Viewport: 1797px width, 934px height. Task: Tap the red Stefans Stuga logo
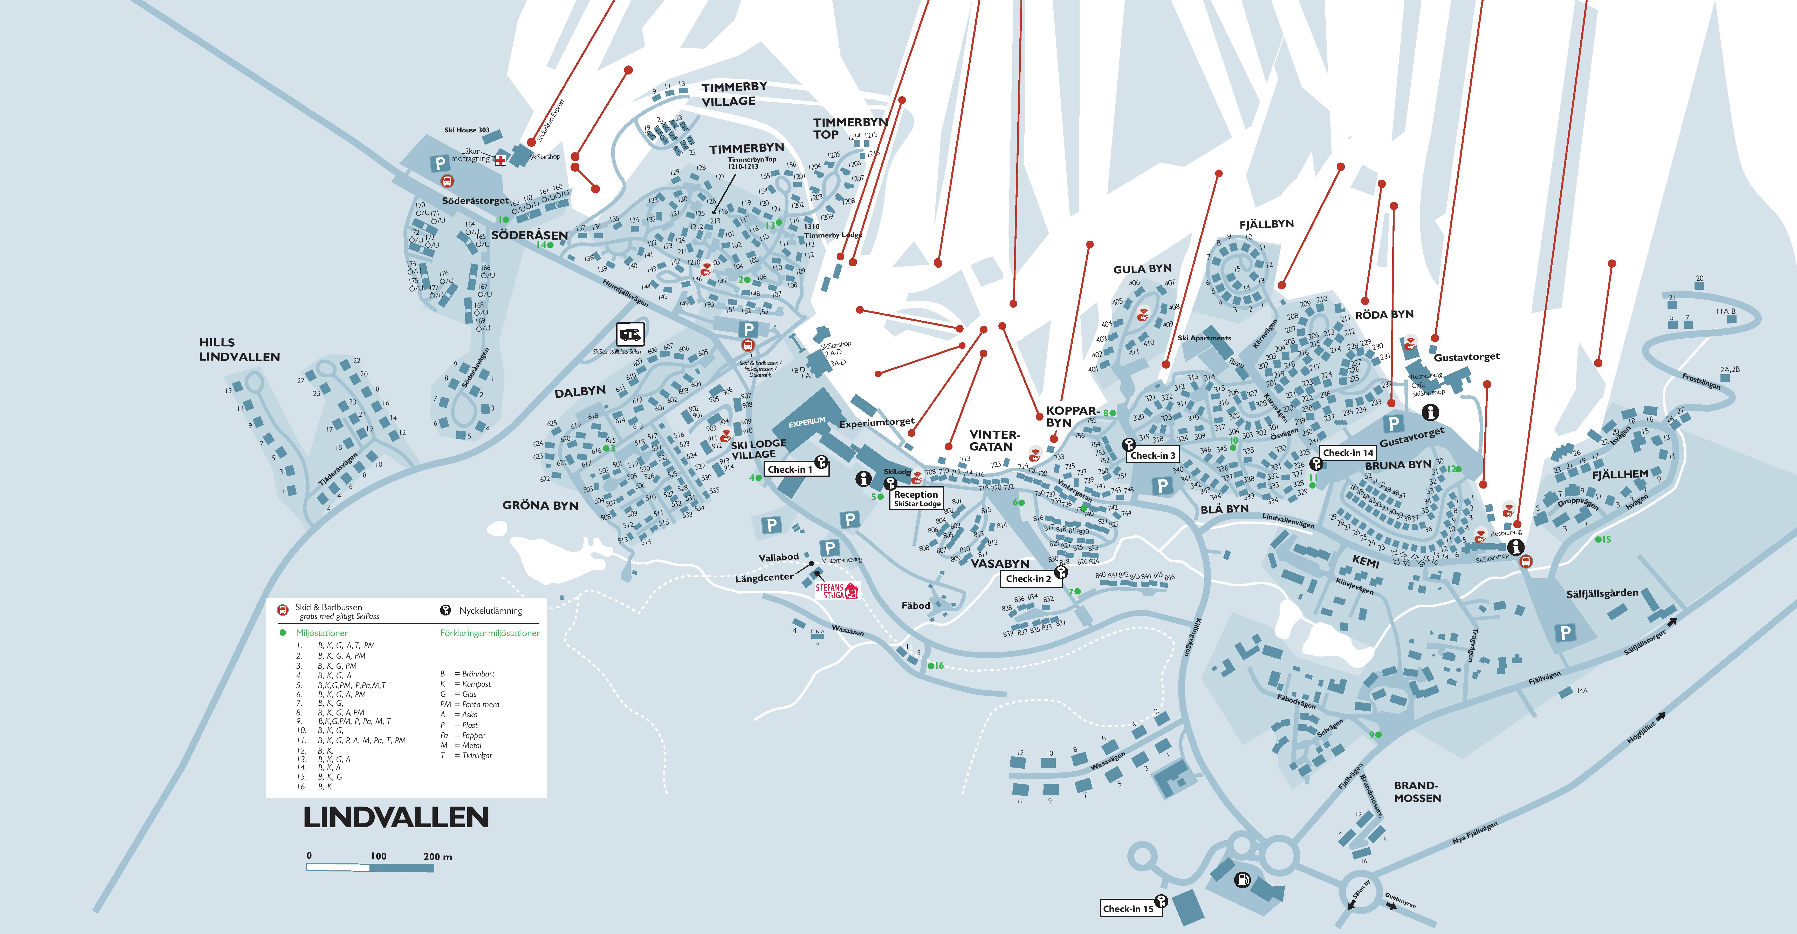click(836, 591)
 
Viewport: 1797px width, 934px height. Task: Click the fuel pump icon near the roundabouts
click(1243, 879)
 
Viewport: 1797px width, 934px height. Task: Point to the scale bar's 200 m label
click(437, 857)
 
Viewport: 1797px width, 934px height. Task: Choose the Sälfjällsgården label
click(1602, 593)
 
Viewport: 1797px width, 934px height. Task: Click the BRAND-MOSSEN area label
click(1417, 791)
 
